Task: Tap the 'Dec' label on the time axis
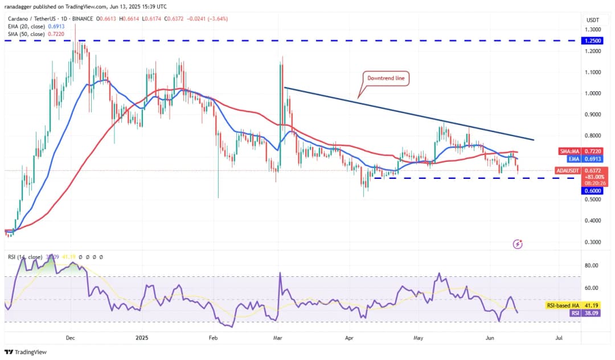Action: pos(70,338)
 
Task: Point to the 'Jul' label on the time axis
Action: pos(559,338)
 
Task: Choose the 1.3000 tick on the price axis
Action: pos(593,30)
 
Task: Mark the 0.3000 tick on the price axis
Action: pos(593,242)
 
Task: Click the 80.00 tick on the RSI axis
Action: pos(591,265)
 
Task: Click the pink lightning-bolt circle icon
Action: pos(518,244)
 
